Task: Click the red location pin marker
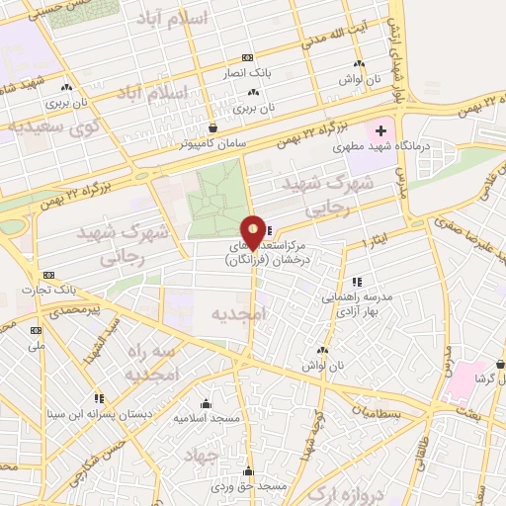[254, 232]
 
